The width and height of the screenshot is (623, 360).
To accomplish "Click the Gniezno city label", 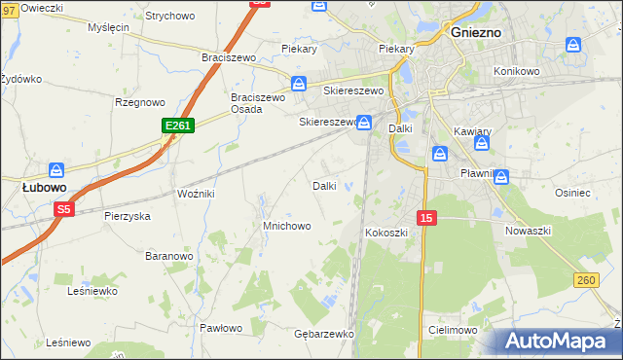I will coord(477,31).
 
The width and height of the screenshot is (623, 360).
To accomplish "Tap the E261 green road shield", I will coord(178,126).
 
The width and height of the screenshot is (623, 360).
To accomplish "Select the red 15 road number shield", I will coord(425,217).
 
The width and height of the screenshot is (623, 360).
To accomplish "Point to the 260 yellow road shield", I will coord(585,280).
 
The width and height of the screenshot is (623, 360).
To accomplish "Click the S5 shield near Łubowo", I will coord(63,208).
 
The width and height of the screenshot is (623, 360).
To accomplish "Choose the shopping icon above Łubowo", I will coord(56,169).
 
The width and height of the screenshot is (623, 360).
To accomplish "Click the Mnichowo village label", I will coord(287,226).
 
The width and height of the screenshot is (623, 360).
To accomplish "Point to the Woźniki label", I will coord(196,195).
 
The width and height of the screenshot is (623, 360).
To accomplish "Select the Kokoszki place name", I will coord(385,234).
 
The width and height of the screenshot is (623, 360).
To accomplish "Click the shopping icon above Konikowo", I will coord(574,45).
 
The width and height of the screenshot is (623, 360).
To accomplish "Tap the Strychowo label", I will coord(169,17).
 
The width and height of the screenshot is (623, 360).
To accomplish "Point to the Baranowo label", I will coord(169,256).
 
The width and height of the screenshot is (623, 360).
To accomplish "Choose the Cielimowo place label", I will coord(452,330).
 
